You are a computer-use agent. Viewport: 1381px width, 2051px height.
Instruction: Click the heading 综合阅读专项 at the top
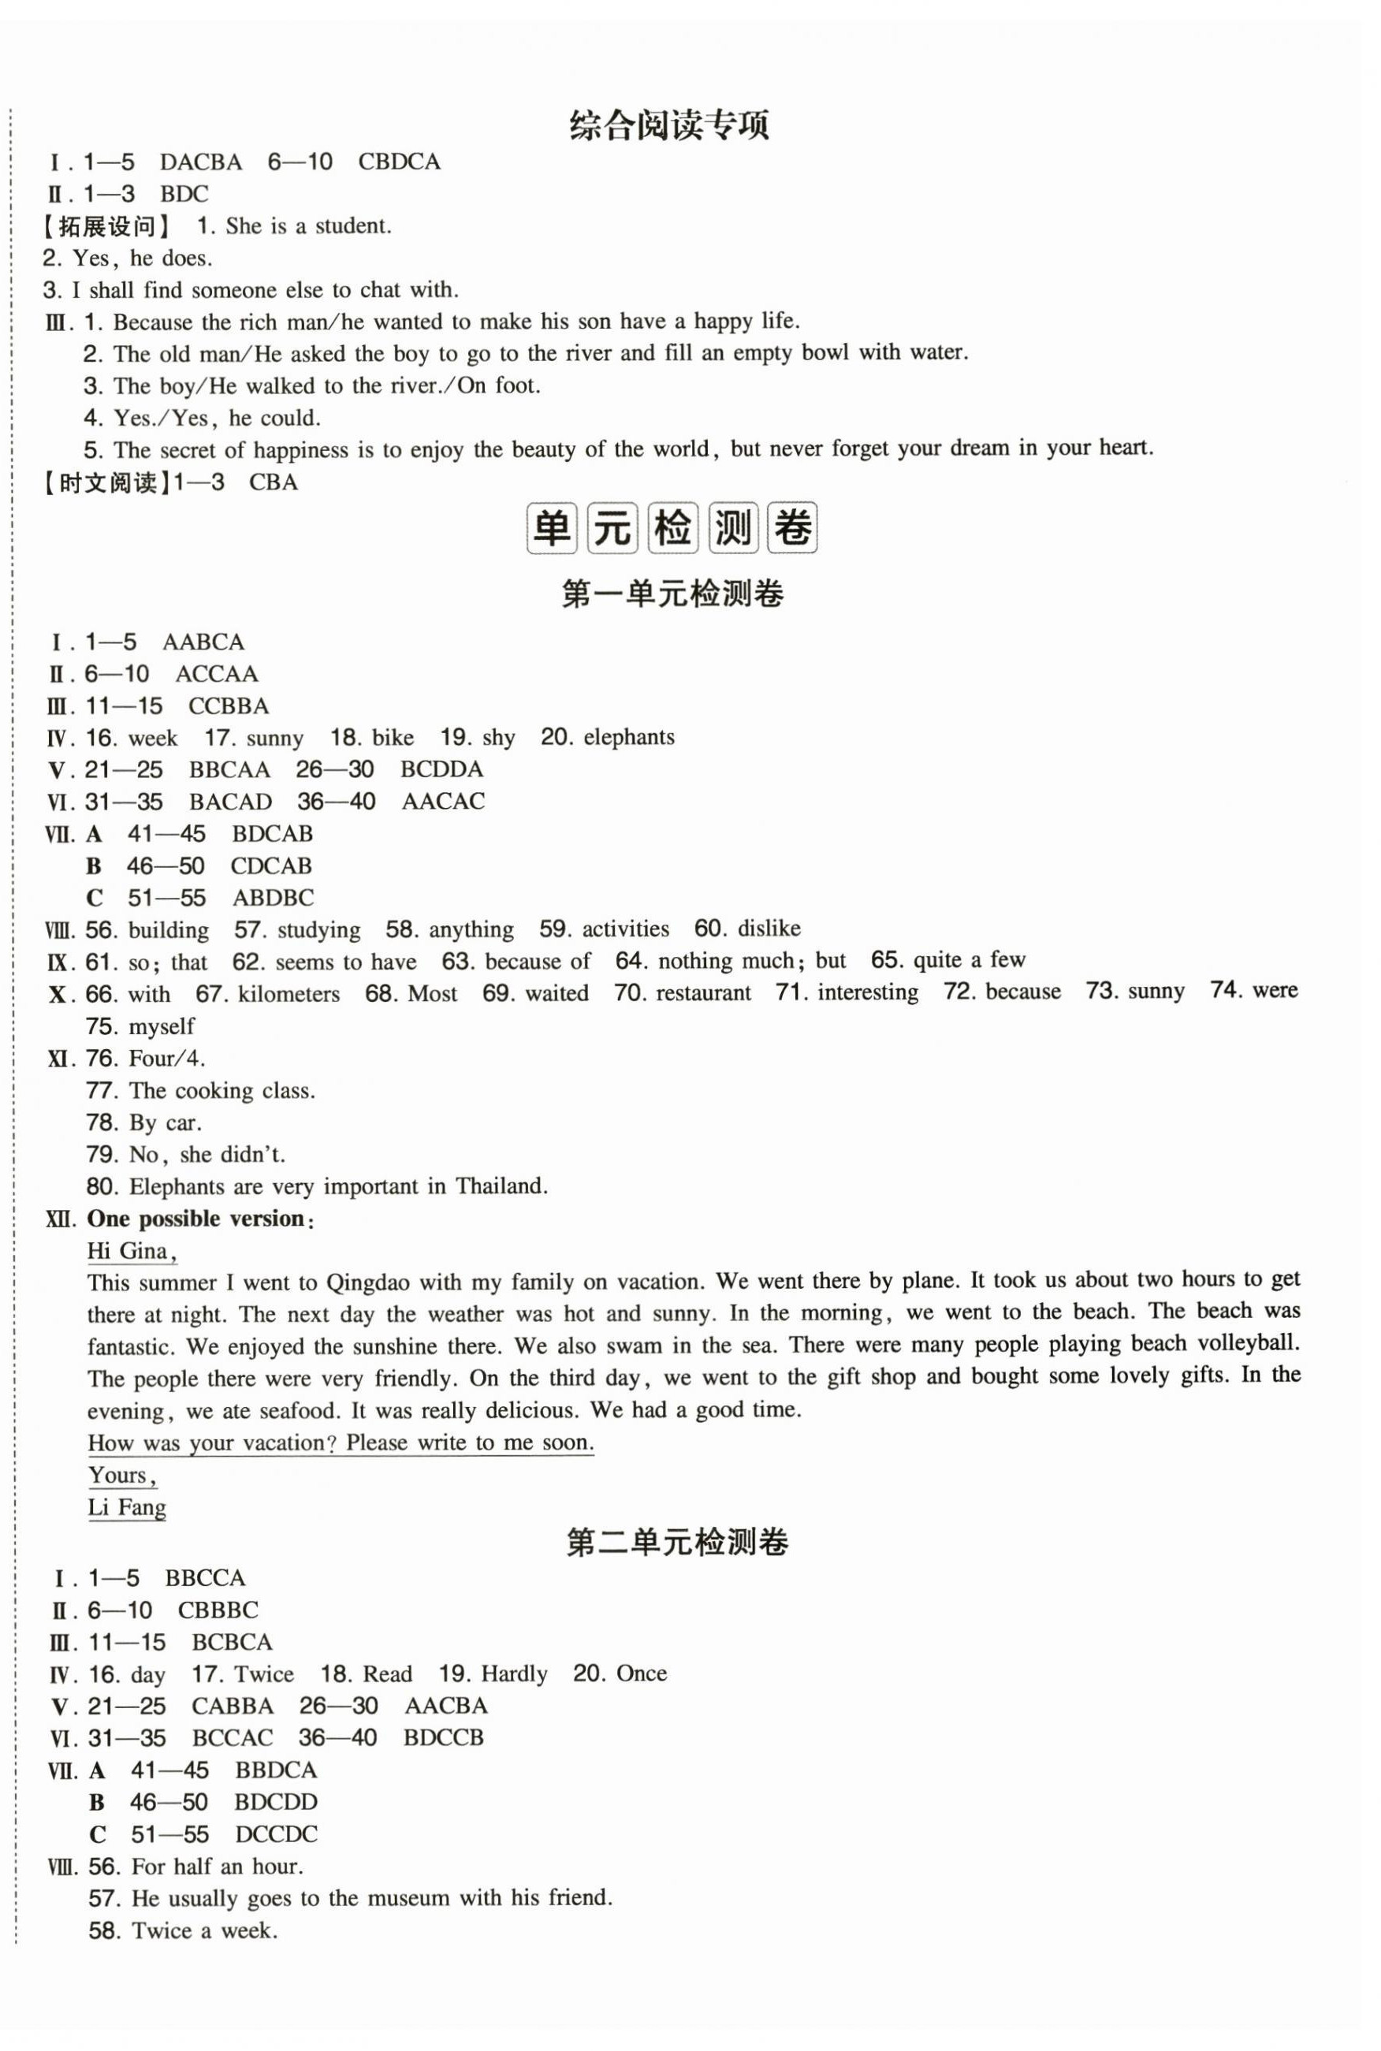pyautogui.click(x=668, y=125)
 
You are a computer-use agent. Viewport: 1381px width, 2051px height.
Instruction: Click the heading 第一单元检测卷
pyautogui.click(x=672, y=595)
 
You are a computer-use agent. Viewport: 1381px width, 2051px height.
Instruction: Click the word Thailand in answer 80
pyautogui.click(x=501, y=1186)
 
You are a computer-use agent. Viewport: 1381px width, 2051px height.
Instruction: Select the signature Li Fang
pyautogui.click(x=127, y=1507)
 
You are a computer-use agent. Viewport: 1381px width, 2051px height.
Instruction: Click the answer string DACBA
pyautogui.click(x=201, y=162)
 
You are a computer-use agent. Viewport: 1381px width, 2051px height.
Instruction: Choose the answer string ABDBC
pyautogui.click(x=272, y=899)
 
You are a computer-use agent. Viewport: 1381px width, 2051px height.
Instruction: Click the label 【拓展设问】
pyautogui.click(x=106, y=226)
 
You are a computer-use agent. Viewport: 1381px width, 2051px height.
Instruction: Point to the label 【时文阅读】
pyautogui.click(x=105, y=482)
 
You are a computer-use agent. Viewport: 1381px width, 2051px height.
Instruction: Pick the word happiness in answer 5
pyautogui.click(x=301, y=450)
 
